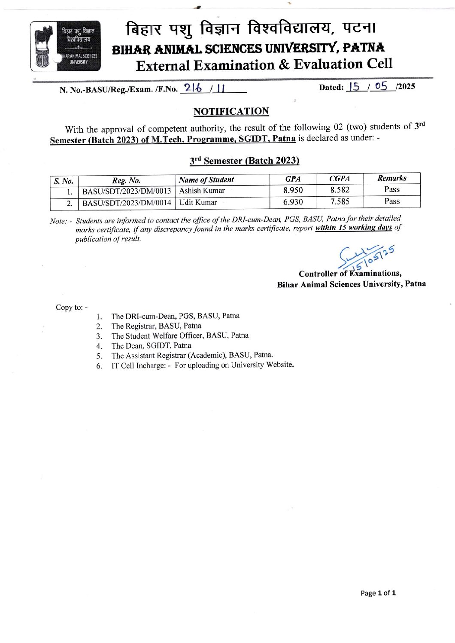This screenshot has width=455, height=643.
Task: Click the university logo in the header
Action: [x=65, y=46]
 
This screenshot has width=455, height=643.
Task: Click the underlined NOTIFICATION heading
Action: [x=231, y=112]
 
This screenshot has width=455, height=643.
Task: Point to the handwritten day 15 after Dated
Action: [x=355, y=87]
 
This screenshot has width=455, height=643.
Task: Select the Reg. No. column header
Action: [x=126, y=180]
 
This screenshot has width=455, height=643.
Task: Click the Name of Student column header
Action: [x=206, y=180]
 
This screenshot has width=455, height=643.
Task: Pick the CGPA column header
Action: [x=340, y=179]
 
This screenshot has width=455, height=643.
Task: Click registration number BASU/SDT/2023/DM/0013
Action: [x=127, y=191]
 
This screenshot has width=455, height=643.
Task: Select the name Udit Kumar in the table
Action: [x=198, y=202]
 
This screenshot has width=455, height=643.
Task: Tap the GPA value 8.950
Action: [x=293, y=190]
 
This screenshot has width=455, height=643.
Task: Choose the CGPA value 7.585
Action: [x=340, y=201]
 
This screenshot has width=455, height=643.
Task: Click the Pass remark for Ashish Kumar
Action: [x=391, y=189]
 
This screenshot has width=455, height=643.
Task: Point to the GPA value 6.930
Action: [x=293, y=202]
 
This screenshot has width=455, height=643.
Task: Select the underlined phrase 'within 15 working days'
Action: [x=353, y=228]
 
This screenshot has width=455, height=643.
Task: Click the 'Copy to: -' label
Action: [x=72, y=307]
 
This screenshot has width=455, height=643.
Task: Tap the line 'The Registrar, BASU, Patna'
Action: [x=156, y=326]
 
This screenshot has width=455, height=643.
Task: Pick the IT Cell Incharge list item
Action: [x=203, y=365]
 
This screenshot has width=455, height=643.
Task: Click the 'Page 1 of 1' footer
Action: [x=378, y=593]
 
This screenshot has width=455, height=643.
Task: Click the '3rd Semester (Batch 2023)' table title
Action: [x=244, y=161]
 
